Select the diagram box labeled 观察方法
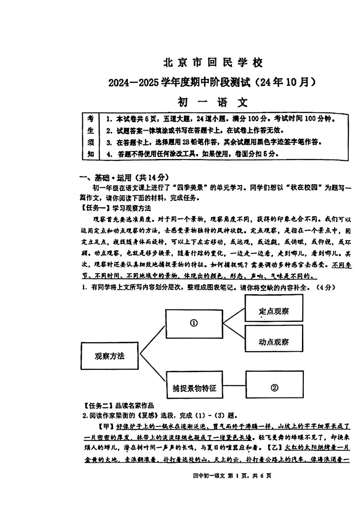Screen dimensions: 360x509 tap(109, 356)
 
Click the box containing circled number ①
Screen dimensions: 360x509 tap(194, 323)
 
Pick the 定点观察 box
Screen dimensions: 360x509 tap(274, 311)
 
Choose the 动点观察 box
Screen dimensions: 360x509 tap(274, 342)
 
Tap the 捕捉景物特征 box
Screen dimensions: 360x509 tap(195, 388)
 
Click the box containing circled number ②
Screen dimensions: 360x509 tap(274, 388)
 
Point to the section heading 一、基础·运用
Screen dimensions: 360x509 tap(111, 178)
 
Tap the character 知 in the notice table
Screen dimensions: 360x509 tap(91, 154)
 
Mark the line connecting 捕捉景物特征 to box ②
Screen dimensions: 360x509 tap(234, 388)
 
